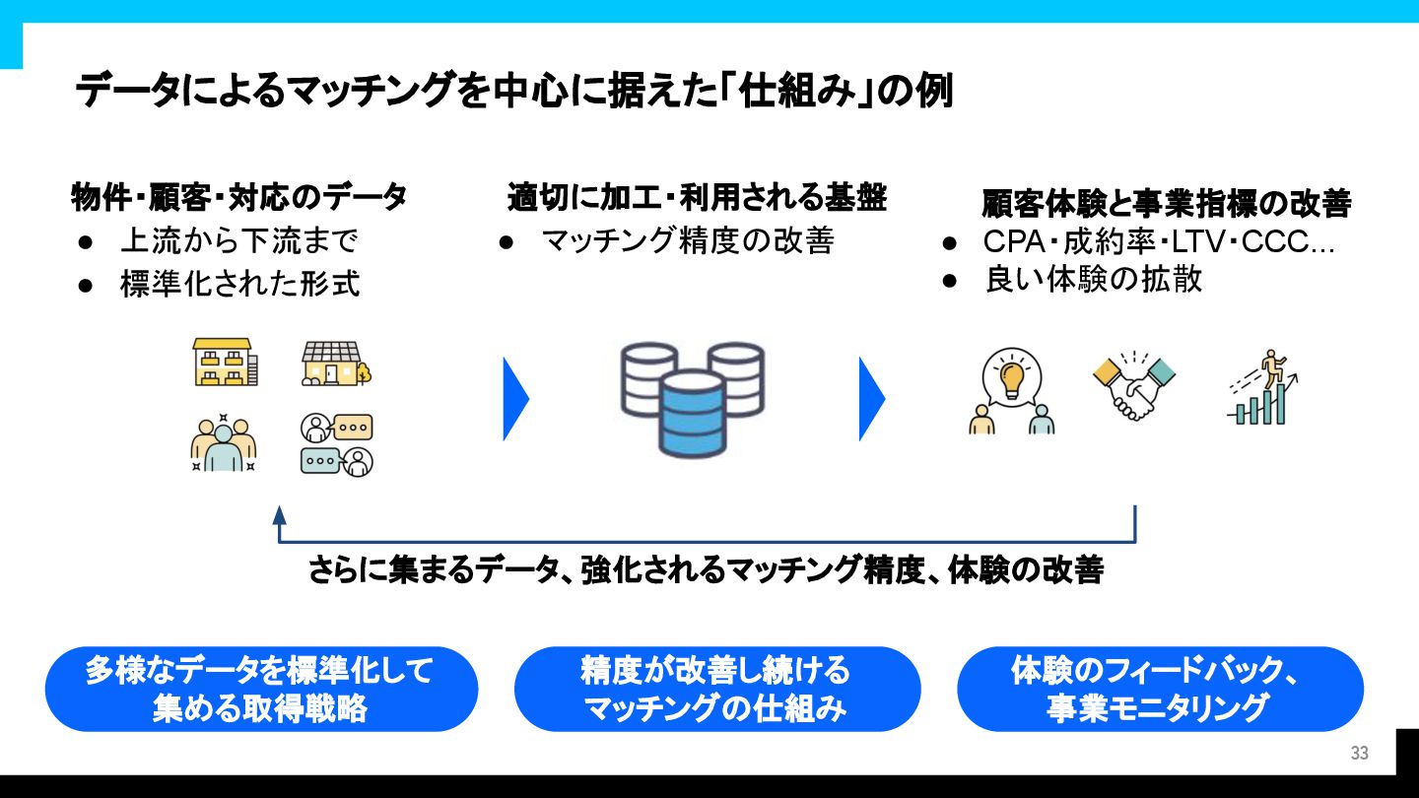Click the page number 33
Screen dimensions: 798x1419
click(x=1359, y=754)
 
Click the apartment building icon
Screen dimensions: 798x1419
click(x=225, y=362)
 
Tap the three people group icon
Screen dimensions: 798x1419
click(x=224, y=443)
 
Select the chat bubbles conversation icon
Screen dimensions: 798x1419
click(x=336, y=444)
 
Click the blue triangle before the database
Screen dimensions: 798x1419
click(x=514, y=398)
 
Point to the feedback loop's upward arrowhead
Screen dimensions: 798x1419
click(x=279, y=514)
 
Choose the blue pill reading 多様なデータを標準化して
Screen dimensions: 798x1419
click(x=260, y=689)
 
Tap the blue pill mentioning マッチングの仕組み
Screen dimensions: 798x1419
click(x=716, y=689)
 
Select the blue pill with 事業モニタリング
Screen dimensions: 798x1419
click(x=1159, y=689)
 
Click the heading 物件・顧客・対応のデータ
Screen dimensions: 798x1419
click(x=238, y=197)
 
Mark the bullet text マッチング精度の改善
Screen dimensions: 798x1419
click(x=688, y=241)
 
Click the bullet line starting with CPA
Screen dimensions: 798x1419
click(x=1159, y=241)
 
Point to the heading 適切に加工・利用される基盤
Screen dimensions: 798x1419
click(x=697, y=197)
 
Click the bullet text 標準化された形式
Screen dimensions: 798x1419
click(x=239, y=285)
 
